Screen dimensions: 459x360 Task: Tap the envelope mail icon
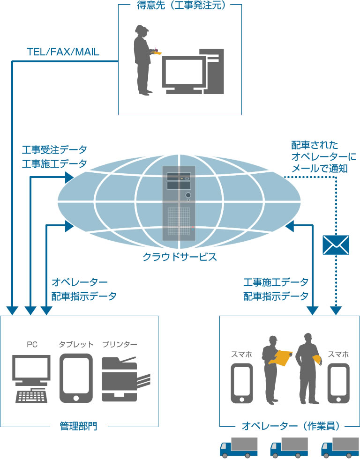point(336,244)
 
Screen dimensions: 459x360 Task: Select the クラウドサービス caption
point(180,257)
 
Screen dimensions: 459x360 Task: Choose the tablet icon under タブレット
point(76,378)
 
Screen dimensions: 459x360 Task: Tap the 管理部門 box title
point(79,427)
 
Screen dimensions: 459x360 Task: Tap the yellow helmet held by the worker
point(317,359)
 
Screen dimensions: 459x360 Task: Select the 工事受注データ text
point(54,150)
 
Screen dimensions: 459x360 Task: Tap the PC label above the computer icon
point(32,345)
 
